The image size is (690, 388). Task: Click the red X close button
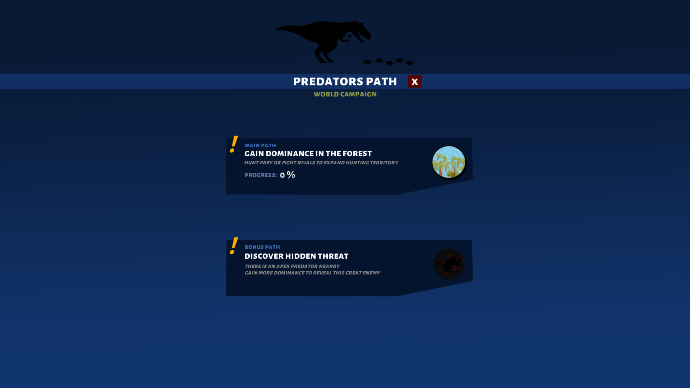414,82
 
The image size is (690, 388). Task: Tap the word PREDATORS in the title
328,82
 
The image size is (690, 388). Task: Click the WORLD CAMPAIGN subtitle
345,94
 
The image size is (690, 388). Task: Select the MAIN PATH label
260,145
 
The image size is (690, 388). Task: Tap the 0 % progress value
287,175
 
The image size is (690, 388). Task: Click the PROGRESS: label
261,175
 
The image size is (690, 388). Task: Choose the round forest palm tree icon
448,162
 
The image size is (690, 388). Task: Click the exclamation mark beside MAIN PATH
234,144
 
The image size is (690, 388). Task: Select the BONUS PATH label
262,247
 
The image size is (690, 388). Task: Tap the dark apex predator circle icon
448,264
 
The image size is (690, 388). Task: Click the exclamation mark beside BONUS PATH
234,246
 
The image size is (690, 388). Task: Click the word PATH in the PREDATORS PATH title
381,82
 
